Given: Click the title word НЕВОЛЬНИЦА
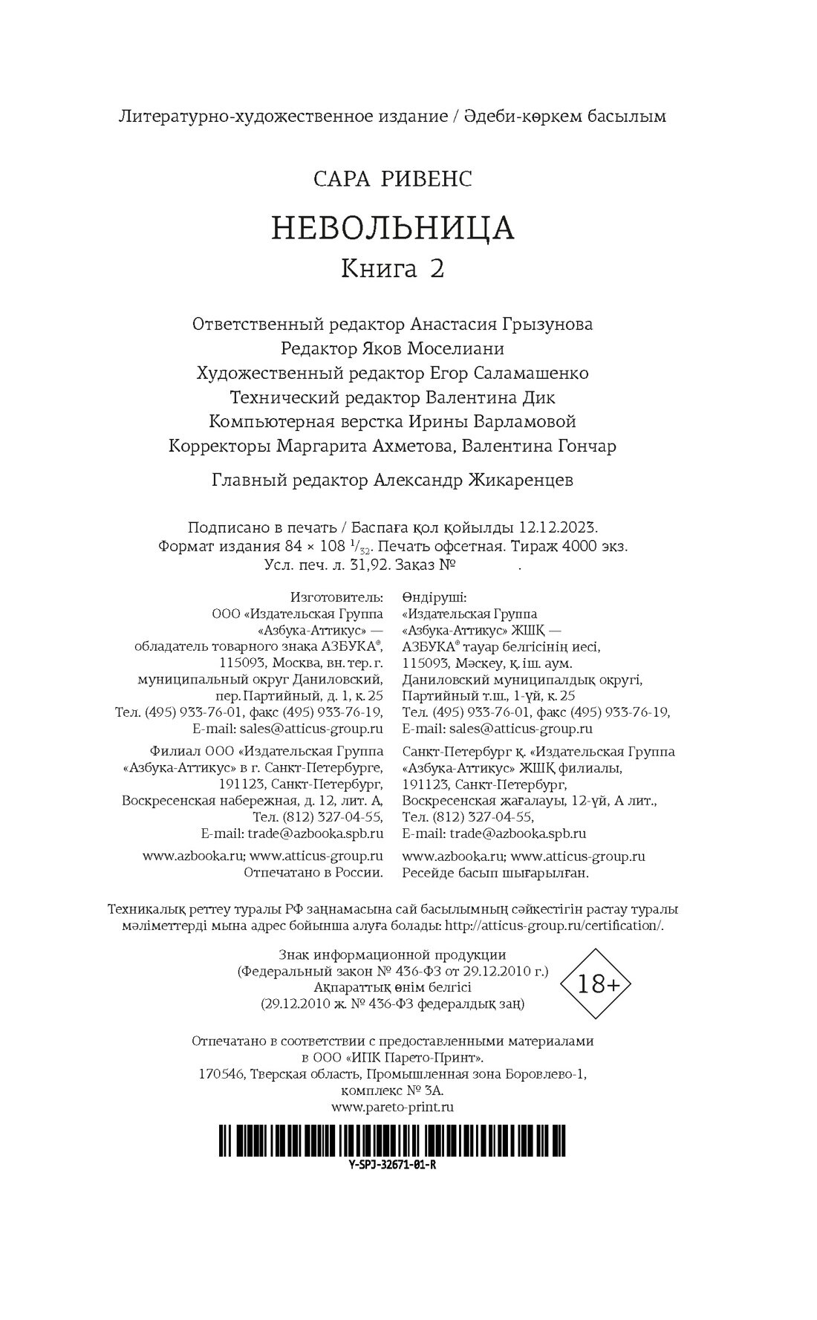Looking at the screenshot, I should pos(393,229).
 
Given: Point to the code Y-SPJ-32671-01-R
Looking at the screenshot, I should pos(391,1165).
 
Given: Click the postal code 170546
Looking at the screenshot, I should pos(221,1074).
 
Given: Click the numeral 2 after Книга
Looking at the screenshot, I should pos(436,269).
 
